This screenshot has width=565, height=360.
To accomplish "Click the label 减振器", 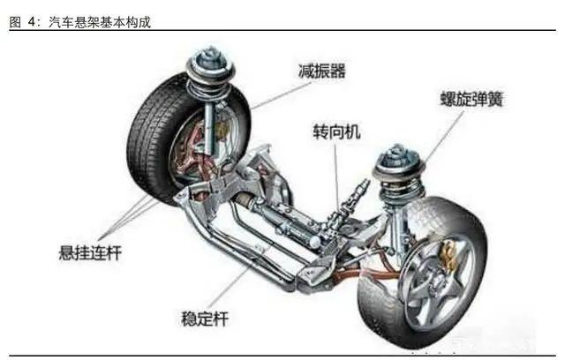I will (324, 71).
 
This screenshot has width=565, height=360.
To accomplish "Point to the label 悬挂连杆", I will (85, 254).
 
